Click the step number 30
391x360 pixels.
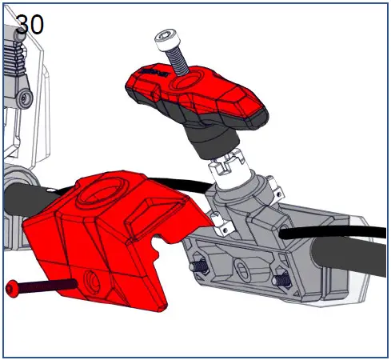click(30, 23)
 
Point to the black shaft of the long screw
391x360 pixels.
click(48, 284)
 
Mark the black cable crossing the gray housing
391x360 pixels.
click(320, 233)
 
